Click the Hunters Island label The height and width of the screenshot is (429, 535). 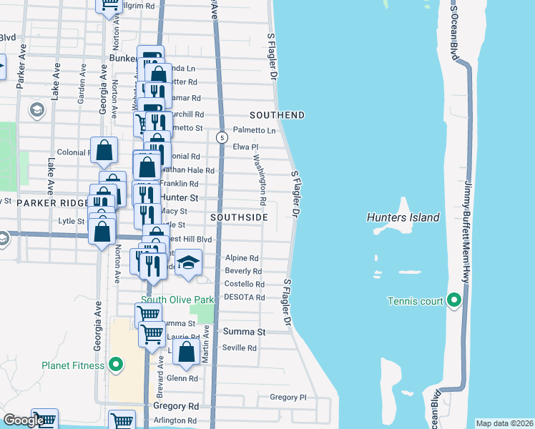click(402, 217)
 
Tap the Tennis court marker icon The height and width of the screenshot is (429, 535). click(453, 301)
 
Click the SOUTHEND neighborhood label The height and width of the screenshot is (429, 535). click(277, 115)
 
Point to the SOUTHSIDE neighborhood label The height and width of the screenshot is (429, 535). click(240, 217)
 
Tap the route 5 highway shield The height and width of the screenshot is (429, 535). click(222, 137)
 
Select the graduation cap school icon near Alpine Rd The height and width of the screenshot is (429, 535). click(188, 263)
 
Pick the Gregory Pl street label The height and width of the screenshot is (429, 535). click(288, 397)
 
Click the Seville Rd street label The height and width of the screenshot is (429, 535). click(240, 348)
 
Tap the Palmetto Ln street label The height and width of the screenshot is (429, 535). click(255, 130)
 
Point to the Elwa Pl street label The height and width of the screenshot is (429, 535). click(245, 147)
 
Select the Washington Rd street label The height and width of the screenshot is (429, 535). click(261, 179)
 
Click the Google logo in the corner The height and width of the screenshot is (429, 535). click(23, 420)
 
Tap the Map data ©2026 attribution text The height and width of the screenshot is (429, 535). click(504, 423)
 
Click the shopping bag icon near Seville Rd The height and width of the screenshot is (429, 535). click(186, 352)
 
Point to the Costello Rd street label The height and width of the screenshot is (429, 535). click(245, 284)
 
